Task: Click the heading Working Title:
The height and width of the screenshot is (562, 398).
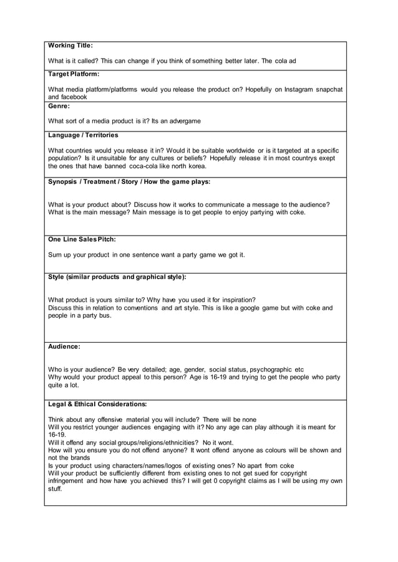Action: pos(70,45)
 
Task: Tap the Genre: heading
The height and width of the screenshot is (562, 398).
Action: pos(59,106)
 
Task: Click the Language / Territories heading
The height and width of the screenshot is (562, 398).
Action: pos(83,135)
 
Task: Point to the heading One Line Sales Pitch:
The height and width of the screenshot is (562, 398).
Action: pos(82,239)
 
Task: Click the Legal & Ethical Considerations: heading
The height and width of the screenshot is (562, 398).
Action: pos(97,404)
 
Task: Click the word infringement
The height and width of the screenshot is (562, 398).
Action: pos(66,481)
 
